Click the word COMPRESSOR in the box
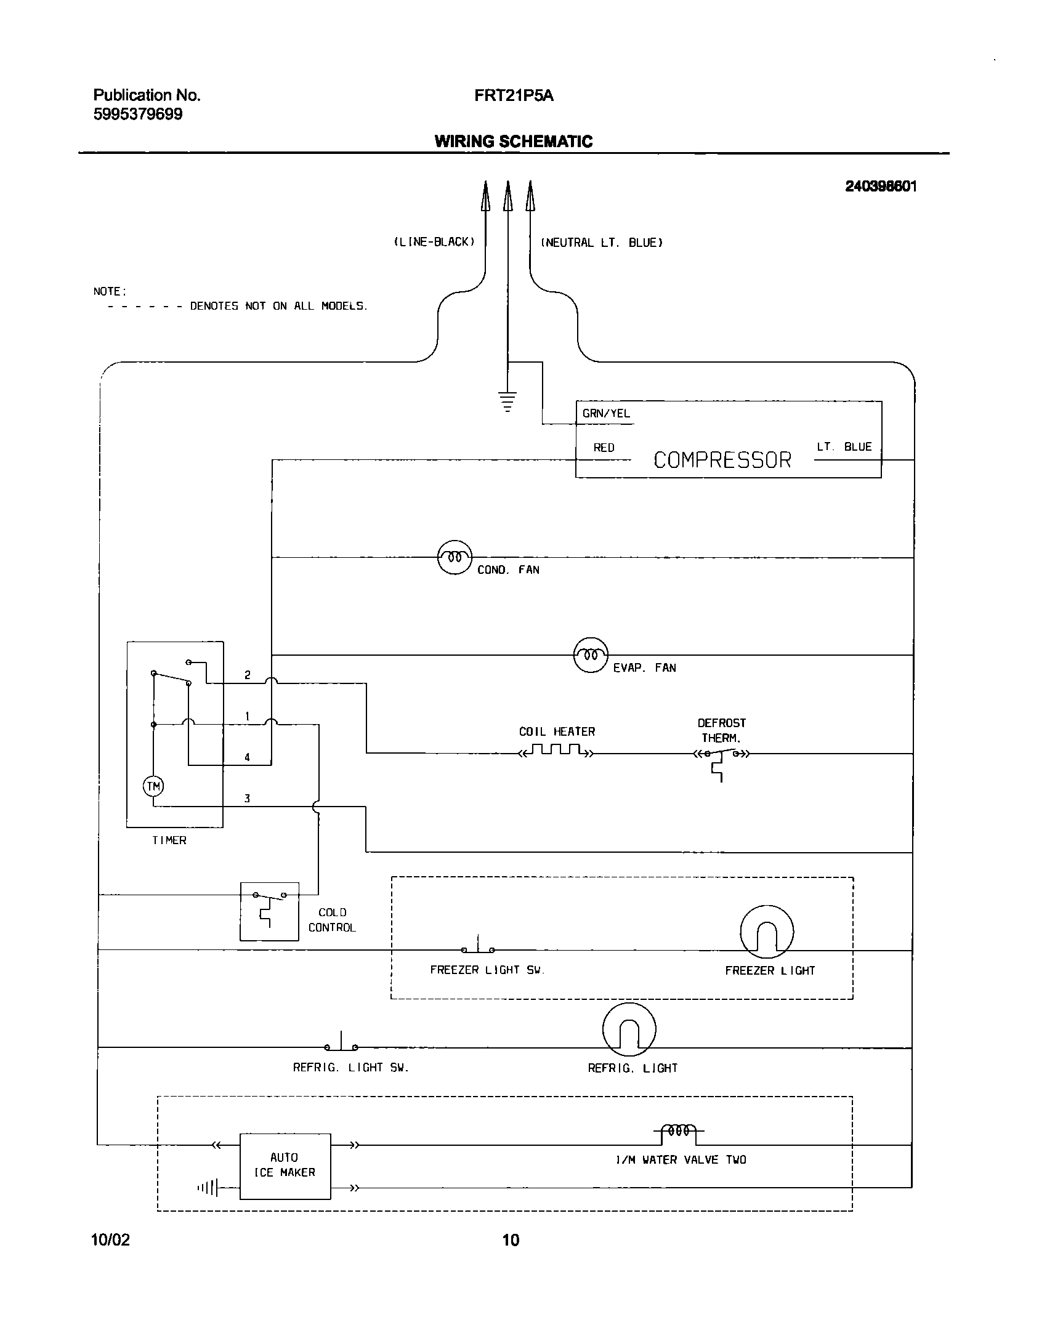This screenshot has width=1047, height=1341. [x=722, y=460]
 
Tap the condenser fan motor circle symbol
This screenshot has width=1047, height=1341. [x=455, y=557]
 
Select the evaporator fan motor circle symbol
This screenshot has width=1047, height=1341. [x=591, y=654]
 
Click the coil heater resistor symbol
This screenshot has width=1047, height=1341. [x=557, y=751]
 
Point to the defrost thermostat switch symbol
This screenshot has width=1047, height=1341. [x=721, y=754]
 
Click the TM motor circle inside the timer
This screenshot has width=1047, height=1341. [x=153, y=786]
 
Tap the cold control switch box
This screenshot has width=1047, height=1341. [x=269, y=911]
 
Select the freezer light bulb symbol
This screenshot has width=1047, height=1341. [x=767, y=932]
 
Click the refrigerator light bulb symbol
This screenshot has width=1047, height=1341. [x=629, y=1029]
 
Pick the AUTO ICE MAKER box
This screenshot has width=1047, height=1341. [x=285, y=1166]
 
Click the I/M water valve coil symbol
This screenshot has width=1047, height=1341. [x=678, y=1131]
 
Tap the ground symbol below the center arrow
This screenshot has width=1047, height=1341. [x=507, y=401]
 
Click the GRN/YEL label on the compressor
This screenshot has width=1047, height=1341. [x=606, y=414]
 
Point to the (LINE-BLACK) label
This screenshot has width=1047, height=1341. [x=434, y=242]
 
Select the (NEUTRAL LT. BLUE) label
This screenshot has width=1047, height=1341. [x=601, y=243]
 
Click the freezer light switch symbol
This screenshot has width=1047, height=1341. [x=478, y=946]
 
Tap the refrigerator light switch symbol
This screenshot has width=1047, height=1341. [x=341, y=1043]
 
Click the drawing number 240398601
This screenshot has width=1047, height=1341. [x=881, y=187]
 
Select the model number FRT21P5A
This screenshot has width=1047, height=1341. [x=514, y=96]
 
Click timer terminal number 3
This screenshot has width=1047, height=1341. [x=247, y=799]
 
